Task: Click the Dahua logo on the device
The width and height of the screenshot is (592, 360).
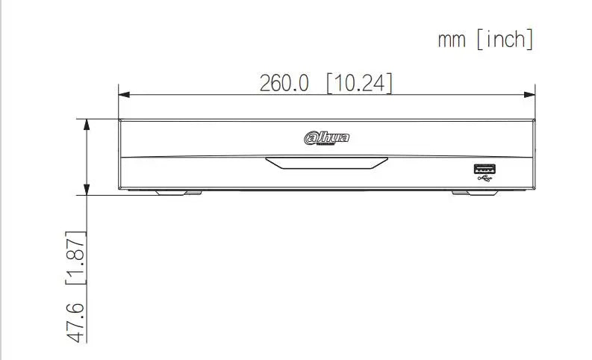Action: [326, 137]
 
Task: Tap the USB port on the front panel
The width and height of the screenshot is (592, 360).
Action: [484, 168]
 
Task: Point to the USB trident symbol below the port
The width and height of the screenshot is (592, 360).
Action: [484, 179]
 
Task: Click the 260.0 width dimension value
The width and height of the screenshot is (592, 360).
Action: [284, 83]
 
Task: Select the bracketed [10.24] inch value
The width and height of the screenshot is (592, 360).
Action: [359, 83]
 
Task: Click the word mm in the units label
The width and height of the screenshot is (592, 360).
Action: [452, 40]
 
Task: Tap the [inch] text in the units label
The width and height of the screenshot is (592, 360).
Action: [505, 40]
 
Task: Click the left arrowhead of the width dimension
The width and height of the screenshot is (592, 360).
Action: [124, 94]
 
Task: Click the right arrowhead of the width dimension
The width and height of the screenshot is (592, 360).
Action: [530, 94]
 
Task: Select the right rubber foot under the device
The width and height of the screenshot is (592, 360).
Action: [476, 192]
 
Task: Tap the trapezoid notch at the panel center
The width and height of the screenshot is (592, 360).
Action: [327, 163]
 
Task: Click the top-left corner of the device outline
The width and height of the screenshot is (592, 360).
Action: [119, 119]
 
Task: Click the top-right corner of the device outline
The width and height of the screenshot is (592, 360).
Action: [535, 119]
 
